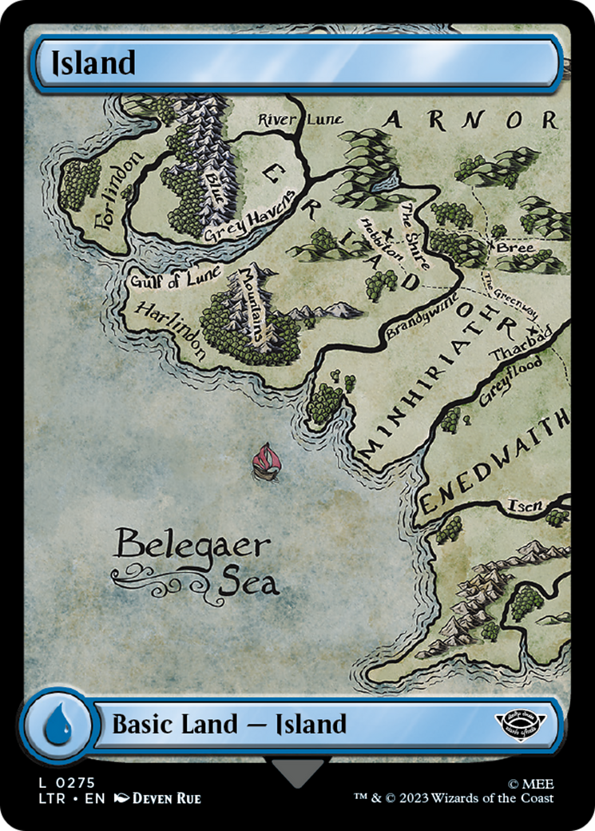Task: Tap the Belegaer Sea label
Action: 195,563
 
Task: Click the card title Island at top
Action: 93,62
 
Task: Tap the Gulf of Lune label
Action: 174,279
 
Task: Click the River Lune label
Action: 299,120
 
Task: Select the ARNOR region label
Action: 470,121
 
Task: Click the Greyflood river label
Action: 510,382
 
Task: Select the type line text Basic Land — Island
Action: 229,725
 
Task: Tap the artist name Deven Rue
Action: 166,797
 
